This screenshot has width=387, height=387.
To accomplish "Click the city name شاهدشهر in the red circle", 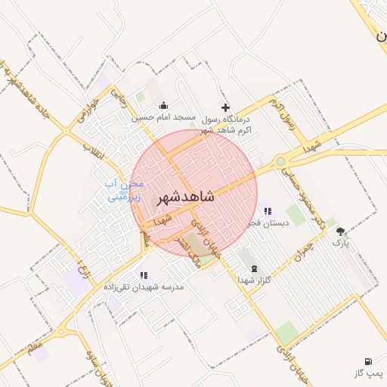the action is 185,197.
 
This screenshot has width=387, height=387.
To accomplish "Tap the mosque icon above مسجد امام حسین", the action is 164,106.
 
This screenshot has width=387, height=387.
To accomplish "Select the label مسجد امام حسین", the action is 164,118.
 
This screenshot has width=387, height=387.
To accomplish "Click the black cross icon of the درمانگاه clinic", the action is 224,107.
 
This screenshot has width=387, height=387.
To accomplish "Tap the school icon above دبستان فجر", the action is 267,211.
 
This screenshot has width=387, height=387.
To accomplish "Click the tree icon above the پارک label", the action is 342,231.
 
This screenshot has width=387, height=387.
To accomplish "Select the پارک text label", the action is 342,243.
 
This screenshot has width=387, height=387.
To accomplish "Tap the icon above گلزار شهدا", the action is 253,268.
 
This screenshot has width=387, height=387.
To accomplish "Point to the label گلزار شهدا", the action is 253,280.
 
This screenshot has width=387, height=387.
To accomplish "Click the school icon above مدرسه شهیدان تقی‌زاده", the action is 144,275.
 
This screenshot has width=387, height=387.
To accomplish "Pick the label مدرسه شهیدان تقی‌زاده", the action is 144,287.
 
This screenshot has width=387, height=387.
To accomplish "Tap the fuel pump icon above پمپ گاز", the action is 368,361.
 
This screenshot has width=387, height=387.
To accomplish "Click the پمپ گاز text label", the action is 368,373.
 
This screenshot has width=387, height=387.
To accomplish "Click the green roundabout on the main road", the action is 281,160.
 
